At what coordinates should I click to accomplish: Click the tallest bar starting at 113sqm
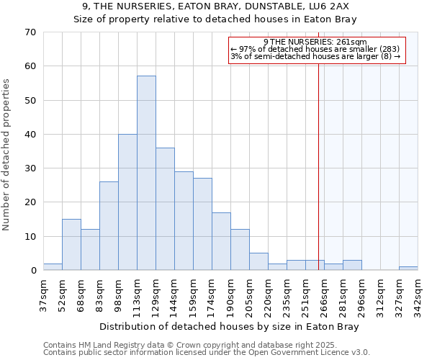146,173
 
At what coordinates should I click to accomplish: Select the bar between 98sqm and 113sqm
127,202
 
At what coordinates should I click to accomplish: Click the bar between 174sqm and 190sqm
221,241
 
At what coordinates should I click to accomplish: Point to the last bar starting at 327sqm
408,269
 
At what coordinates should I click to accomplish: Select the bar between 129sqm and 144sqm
165,209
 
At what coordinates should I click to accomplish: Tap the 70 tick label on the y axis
30,32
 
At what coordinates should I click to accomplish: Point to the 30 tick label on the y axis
30,168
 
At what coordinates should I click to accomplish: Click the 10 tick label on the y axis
30,237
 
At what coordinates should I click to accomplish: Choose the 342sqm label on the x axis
418,295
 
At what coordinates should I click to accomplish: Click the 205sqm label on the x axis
249,295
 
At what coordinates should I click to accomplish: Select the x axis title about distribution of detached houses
229,326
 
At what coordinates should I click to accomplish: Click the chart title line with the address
215,6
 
